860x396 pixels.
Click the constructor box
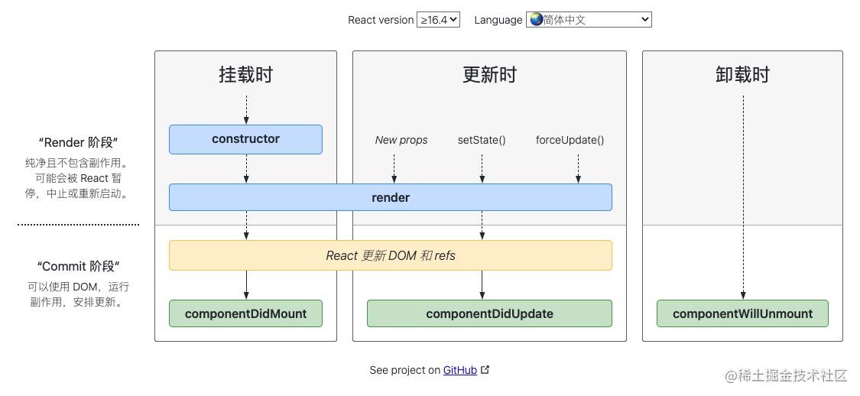tap(245, 139)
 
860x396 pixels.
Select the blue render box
tap(390, 197)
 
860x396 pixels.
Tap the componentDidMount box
tap(245, 313)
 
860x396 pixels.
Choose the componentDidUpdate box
tap(489, 313)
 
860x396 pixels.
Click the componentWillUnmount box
tap(742, 313)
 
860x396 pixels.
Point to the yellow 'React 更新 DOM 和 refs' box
tap(390, 255)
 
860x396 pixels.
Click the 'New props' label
tap(401, 140)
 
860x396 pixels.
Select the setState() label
tap(482, 140)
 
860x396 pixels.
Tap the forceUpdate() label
tap(570, 140)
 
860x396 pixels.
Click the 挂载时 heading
tap(245, 75)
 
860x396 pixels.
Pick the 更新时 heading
tap(489, 75)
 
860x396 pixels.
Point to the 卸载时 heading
tap(742, 75)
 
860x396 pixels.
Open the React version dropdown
tap(438, 20)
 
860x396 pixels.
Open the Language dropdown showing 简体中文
tap(589, 20)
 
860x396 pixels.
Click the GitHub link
tap(460, 370)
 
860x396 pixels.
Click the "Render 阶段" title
tap(79, 143)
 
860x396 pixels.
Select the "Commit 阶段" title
tap(79, 267)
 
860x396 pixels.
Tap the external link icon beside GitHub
tap(485, 370)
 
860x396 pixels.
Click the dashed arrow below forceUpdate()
tap(578, 168)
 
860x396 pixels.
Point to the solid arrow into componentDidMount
tap(246, 284)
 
